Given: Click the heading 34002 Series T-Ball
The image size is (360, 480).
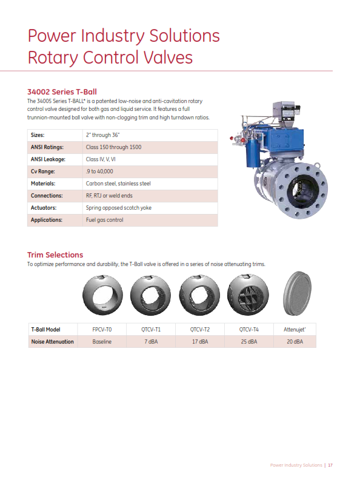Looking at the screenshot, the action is [x=62, y=92].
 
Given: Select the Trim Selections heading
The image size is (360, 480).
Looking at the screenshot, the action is [x=55, y=255].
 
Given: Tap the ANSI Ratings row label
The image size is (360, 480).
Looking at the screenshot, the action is [x=47, y=147].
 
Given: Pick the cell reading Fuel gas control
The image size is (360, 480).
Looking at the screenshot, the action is [x=105, y=220].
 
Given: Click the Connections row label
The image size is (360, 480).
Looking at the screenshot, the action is [x=47, y=196].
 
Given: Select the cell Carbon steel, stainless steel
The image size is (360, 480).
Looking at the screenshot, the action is [x=118, y=184].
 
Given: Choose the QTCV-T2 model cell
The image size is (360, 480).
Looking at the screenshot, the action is [x=199, y=330].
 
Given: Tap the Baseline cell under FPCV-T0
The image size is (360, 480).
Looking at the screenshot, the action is [x=102, y=342].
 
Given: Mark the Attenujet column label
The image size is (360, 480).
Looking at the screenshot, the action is [x=295, y=330].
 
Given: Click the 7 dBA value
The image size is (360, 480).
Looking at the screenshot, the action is [x=151, y=342].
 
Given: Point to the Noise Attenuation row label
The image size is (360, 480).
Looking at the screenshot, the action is [x=52, y=342].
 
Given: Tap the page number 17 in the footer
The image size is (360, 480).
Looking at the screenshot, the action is [x=331, y=465].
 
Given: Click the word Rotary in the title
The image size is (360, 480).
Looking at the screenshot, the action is [x=52, y=58].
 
